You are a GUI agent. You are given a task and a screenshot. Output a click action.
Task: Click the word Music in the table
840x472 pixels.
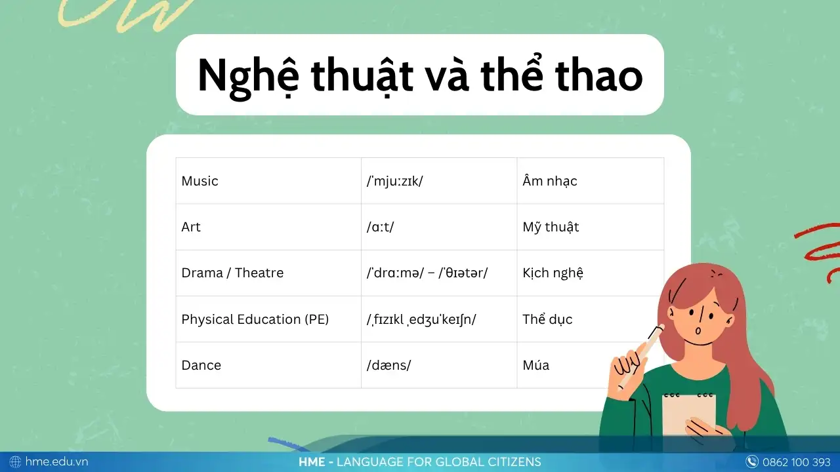pyautogui.click(x=199, y=181)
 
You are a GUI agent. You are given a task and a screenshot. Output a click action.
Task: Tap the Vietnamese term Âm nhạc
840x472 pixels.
pyautogui.click(x=550, y=181)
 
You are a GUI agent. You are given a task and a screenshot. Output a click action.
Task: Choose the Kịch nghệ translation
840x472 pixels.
pyautogui.click(x=553, y=273)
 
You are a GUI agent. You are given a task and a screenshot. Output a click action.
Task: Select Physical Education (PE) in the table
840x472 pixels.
pyautogui.click(x=255, y=319)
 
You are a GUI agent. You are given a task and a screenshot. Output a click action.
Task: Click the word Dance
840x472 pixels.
pyautogui.click(x=201, y=365)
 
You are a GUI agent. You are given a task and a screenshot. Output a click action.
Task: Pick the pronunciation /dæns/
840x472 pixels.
pyautogui.click(x=389, y=365)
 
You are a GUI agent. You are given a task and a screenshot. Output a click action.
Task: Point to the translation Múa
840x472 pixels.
pyautogui.click(x=536, y=365)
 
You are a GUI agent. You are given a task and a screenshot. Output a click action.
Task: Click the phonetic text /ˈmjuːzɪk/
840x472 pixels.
pyautogui.click(x=394, y=182)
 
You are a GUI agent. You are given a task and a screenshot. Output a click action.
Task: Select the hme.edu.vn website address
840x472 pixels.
pyautogui.click(x=56, y=462)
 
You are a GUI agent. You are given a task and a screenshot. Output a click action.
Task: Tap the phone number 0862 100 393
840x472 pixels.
pyautogui.click(x=797, y=462)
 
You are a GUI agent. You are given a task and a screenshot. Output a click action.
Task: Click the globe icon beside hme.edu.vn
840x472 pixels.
pyautogui.click(x=15, y=462)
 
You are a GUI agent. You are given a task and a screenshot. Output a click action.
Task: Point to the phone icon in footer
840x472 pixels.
pyautogui.click(x=751, y=462)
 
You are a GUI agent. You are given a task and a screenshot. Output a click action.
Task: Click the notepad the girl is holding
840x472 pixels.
pyautogui.click(x=688, y=414)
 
